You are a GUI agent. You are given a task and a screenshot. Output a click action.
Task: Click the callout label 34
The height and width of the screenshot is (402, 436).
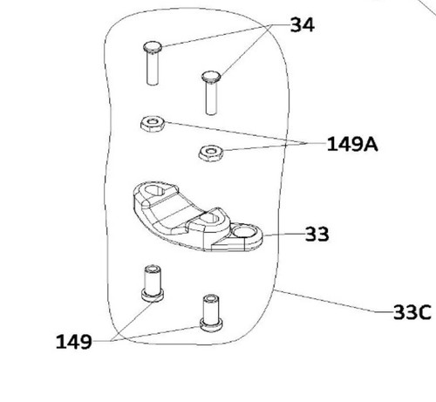(303, 24)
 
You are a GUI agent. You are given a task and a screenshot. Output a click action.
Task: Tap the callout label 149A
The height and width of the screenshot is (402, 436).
(352, 144)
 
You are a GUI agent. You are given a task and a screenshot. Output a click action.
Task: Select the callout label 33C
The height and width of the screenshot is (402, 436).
(412, 312)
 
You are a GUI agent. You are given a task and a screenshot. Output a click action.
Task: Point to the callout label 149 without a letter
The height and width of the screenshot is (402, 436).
(74, 342)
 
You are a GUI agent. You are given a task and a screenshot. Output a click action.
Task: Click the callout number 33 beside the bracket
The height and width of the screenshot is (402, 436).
(317, 234)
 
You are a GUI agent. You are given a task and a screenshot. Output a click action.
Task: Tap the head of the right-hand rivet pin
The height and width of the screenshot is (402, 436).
(211, 77)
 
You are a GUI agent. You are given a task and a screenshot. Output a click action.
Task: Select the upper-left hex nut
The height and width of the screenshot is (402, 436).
(153, 124)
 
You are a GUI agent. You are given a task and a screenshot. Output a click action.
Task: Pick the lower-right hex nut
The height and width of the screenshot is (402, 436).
(211, 153)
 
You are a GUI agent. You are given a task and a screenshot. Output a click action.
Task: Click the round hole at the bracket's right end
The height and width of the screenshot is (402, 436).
(245, 232)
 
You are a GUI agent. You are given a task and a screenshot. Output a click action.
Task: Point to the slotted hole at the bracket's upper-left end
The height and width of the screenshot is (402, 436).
(156, 191)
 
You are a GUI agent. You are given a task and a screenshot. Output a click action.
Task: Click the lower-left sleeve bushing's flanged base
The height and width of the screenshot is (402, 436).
(153, 295)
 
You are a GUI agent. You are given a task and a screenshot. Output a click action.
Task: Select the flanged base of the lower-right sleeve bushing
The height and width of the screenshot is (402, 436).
(211, 324)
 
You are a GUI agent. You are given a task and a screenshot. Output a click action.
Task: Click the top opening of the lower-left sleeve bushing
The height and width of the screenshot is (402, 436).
(153, 269)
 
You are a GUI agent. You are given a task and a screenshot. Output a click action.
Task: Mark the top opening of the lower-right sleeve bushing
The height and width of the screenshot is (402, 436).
(211, 298)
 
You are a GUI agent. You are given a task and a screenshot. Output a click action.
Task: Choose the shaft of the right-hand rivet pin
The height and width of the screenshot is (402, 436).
(211, 99)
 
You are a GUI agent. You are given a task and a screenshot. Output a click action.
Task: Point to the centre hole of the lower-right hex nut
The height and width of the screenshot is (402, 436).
(211, 151)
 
